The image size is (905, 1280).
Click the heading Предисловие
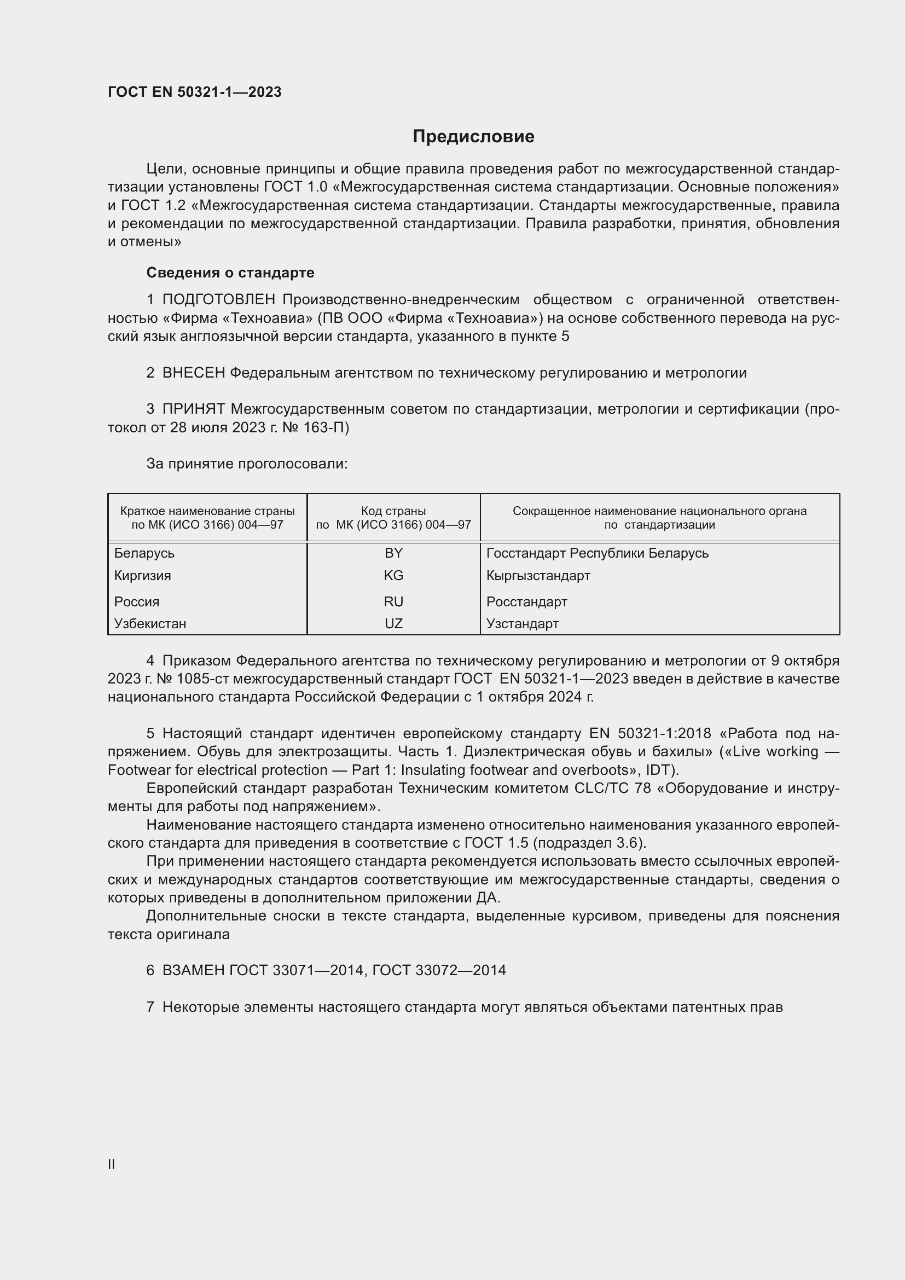click(473, 137)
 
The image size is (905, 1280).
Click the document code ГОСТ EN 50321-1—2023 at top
click(194, 92)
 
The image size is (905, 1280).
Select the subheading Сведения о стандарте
click(230, 273)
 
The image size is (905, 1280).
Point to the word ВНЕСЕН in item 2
click(193, 373)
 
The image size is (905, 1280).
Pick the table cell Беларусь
click(144, 553)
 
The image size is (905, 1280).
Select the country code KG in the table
click(393, 575)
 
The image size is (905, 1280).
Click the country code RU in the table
click(393, 601)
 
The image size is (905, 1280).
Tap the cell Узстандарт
click(522, 624)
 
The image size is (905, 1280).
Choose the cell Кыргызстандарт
click(538, 575)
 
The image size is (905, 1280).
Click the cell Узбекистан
click(150, 624)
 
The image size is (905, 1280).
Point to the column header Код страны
click(393, 511)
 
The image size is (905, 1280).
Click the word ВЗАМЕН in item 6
click(193, 971)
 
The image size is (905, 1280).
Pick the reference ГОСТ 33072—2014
click(439, 971)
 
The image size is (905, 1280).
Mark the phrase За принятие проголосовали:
click(247, 464)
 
